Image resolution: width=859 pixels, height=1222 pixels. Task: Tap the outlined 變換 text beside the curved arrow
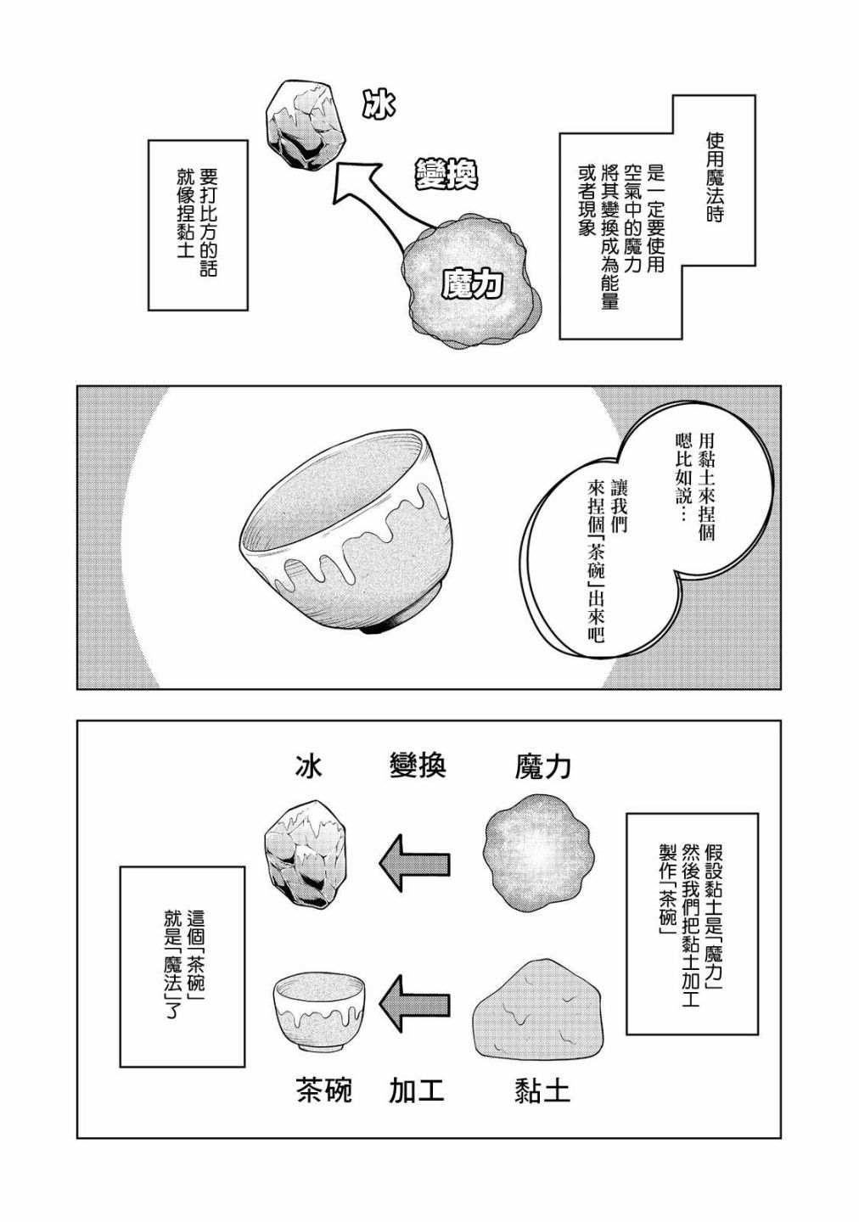(446, 174)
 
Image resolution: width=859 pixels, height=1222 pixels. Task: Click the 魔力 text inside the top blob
(472, 283)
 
